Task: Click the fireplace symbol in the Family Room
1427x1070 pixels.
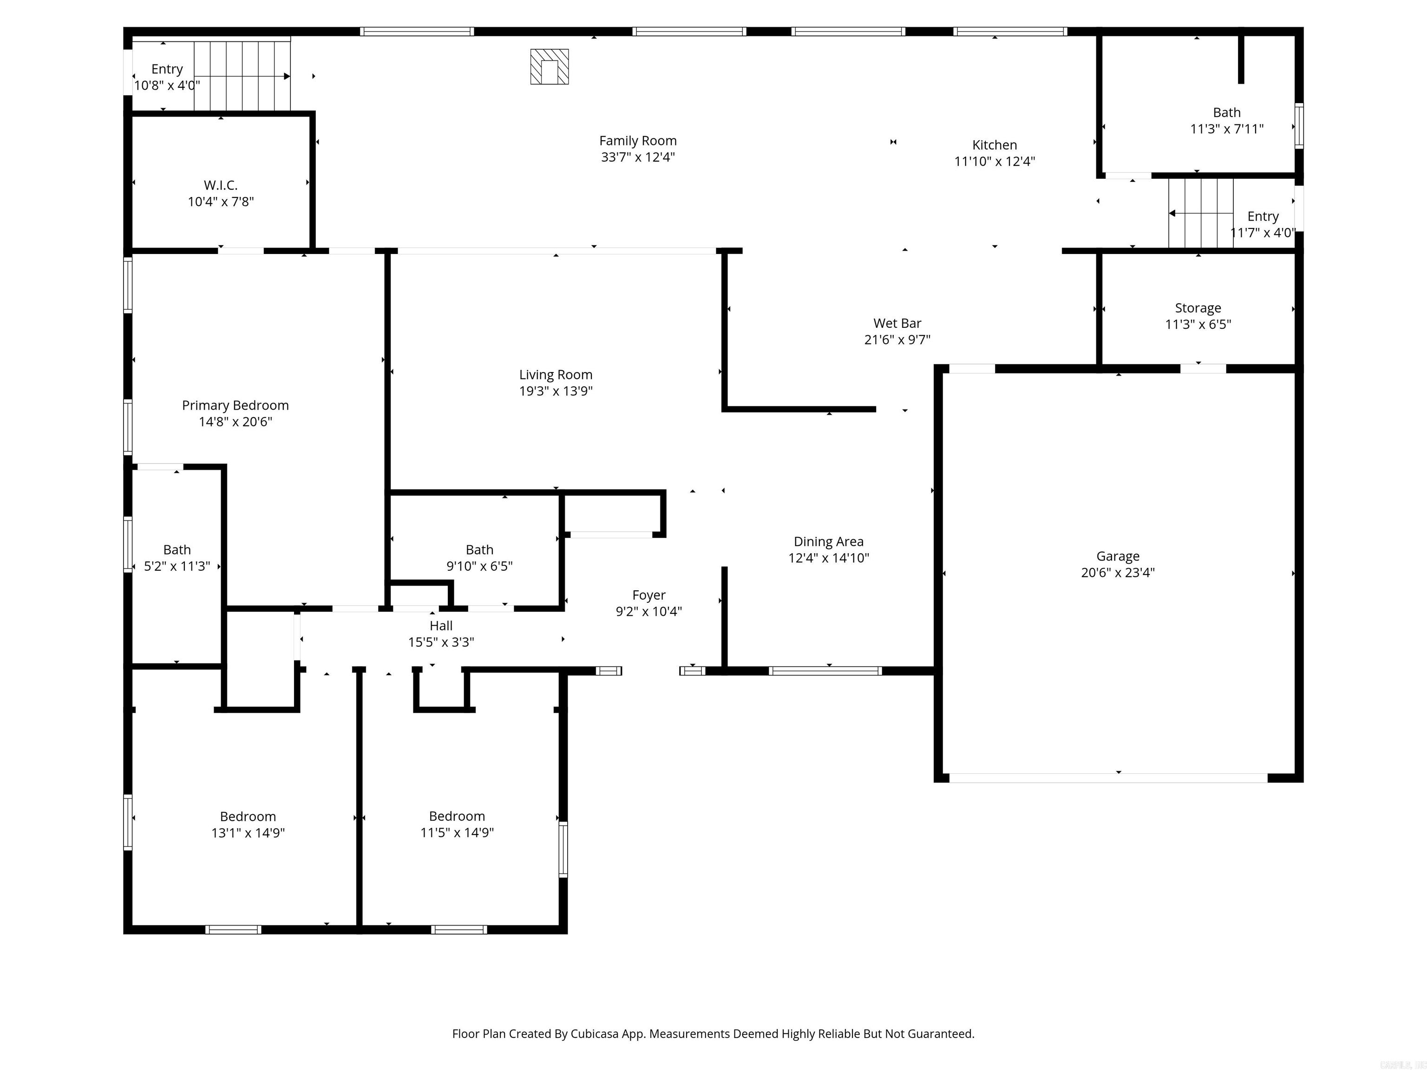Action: (549, 66)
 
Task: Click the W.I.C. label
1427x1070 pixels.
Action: (221, 186)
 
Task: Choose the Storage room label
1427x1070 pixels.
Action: (1198, 308)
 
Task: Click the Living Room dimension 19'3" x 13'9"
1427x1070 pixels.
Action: (556, 391)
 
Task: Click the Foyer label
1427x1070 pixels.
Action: (648, 595)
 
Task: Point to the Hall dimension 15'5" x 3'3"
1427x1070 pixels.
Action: (441, 642)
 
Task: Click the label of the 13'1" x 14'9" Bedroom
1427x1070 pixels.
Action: (248, 816)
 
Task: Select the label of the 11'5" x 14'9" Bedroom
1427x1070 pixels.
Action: (457, 816)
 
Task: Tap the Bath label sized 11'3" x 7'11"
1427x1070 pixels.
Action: (1226, 113)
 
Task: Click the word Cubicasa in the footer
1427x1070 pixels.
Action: (595, 1034)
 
